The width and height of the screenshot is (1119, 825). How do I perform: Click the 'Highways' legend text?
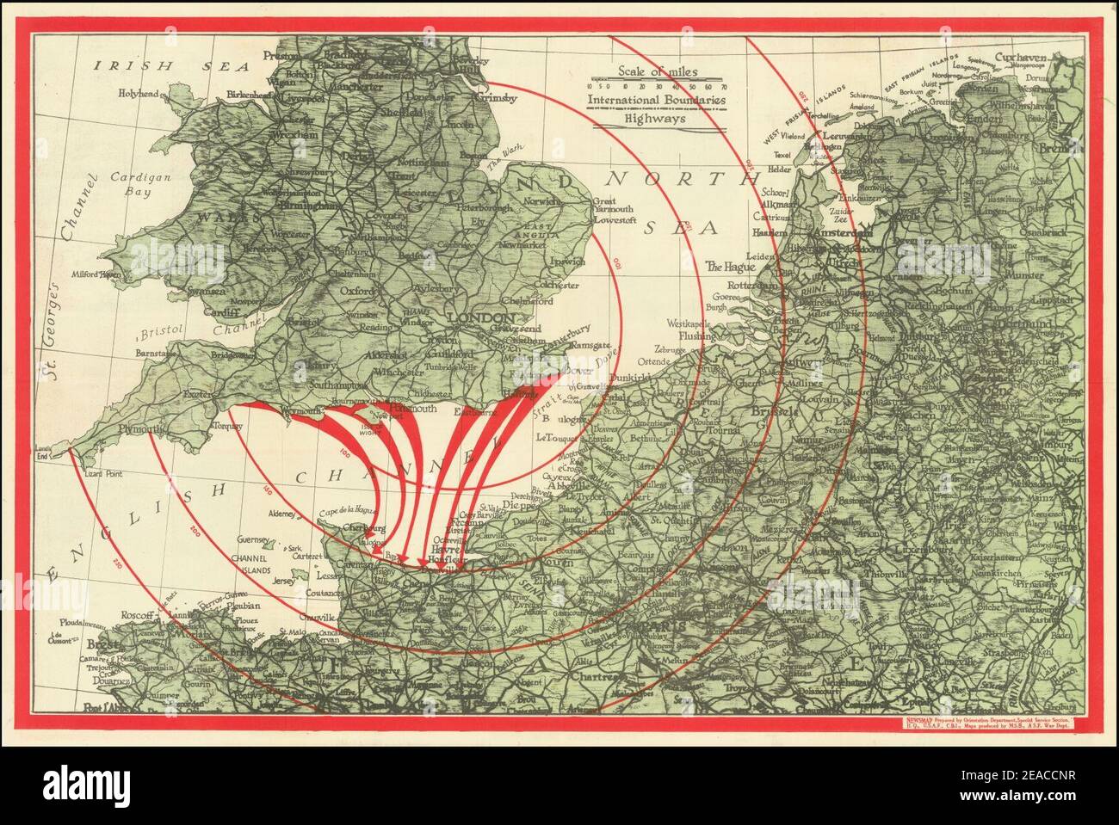[656, 120]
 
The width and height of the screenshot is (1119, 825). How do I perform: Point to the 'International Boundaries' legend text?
[656, 102]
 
